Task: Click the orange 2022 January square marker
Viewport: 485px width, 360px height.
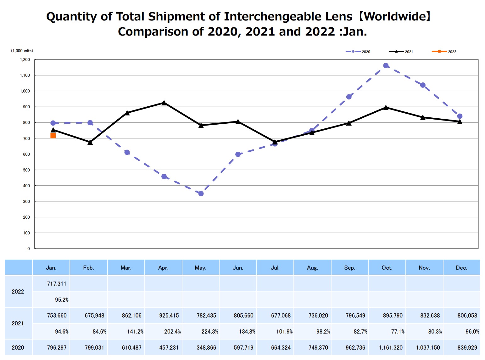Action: click(53, 136)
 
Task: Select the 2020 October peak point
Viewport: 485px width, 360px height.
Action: click(386, 66)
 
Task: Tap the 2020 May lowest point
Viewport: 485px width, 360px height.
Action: click(201, 194)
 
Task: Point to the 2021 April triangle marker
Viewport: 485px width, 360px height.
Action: click(164, 103)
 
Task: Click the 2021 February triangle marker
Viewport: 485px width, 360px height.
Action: click(90, 142)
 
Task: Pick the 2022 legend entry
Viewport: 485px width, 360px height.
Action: click(444, 52)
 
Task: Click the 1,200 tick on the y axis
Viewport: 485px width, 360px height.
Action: click(25, 59)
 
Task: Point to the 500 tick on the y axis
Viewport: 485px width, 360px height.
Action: click(26, 170)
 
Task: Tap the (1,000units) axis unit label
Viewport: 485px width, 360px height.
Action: click(22, 51)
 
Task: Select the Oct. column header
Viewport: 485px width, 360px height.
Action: click(387, 268)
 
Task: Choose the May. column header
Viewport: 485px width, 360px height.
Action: click(200, 268)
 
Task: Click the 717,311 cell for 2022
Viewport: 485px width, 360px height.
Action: click(57, 284)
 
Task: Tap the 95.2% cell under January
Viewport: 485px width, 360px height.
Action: click(62, 300)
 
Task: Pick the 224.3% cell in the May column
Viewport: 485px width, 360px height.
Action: click(210, 332)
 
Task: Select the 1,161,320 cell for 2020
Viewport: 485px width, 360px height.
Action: click(391, 348)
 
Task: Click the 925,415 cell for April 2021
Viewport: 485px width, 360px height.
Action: click(169, 316)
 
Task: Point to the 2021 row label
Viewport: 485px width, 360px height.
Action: click(18, 323)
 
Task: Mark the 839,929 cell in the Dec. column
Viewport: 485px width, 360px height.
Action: click(467, 348)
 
